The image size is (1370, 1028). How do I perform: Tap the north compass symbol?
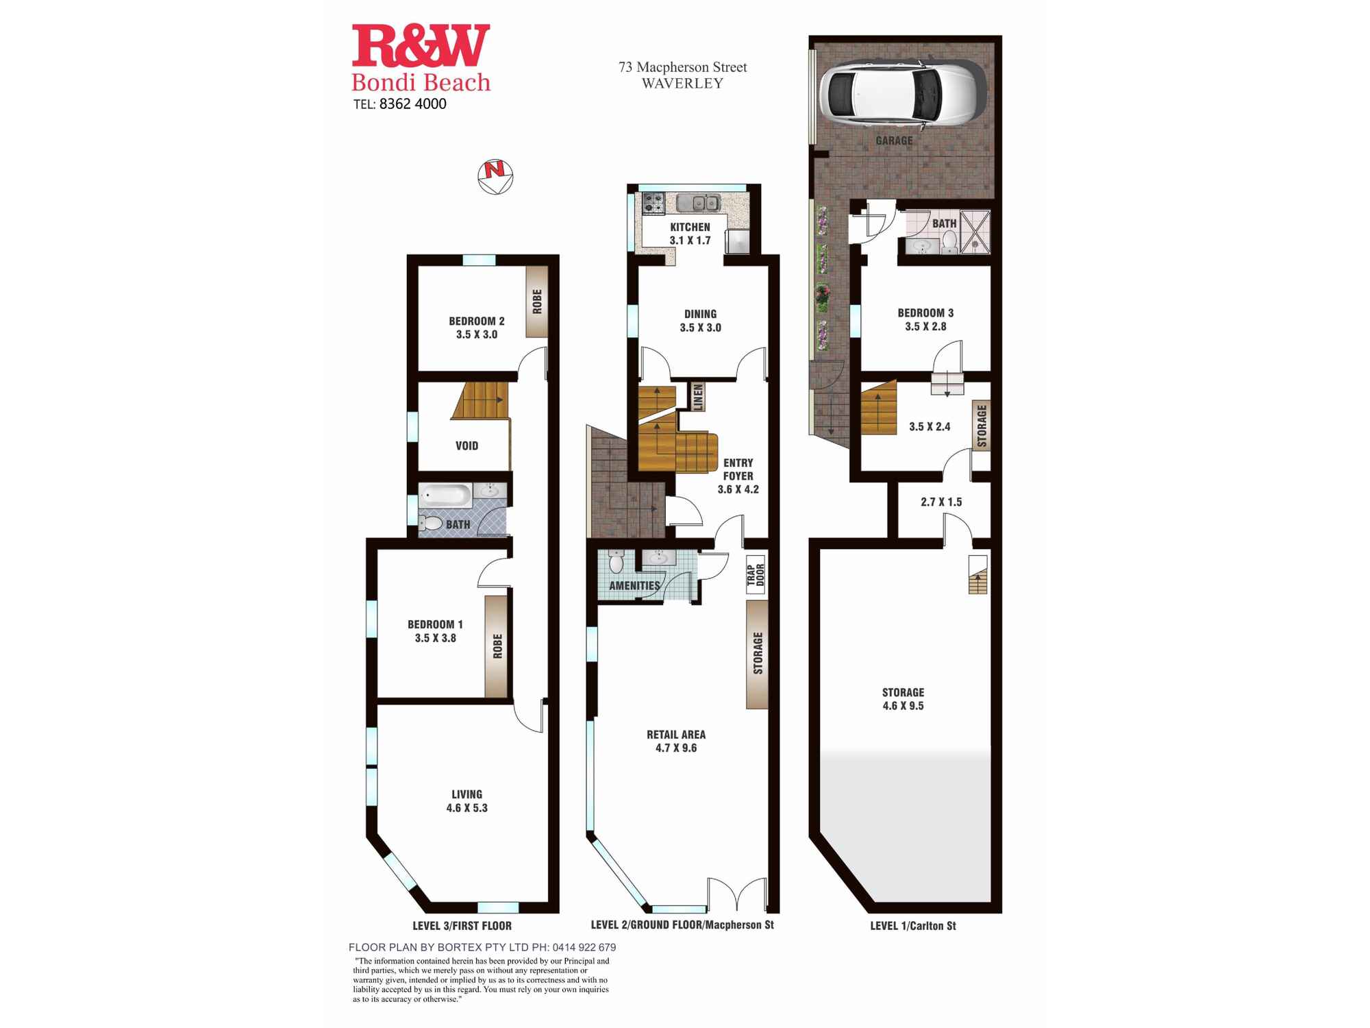pyautogui.click(x=495, y=177)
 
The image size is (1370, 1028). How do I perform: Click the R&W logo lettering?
pyautogui.click(x=421, y=46)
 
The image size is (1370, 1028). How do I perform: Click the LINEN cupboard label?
pyautogui.click(x=697, y=397)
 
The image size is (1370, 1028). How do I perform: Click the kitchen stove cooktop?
pyautogui.click(x=653, y=203)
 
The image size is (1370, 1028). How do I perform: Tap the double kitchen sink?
pyautogui.click(x=698, y=203)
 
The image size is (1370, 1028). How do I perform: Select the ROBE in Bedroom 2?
pyautogui.click(x=537, y=302)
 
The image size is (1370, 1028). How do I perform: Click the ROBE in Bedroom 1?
pyautogui.click(x=497, y=646)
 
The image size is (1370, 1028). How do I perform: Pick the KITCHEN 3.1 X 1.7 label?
pyautogui.click(x=690, y=234)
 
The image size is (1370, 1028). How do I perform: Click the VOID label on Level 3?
pyautogui.click(x=467, y=445)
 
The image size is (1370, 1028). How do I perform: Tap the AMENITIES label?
pyautogui.click(x=634, y=586)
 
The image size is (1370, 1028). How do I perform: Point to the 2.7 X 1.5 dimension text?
pyautogui.click(x=941, y=502)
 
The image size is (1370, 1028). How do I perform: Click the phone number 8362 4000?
pyautogui.click(x=412, y=104)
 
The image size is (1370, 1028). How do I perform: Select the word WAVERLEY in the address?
pyautogui.click(x=682, y=84)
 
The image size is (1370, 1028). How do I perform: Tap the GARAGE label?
pyautogui.click(x=894, y=140)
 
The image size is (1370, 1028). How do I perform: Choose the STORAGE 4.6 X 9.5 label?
pyautogui.click(x=903, y=699)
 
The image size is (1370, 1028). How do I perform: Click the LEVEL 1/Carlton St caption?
pyautogui.click(x=913, y=926)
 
